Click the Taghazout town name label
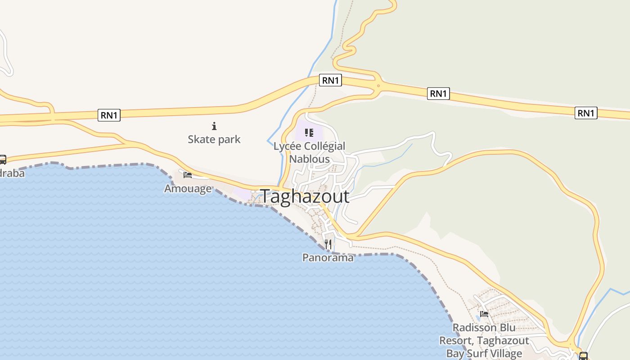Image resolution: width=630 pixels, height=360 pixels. click(x=305, y=197)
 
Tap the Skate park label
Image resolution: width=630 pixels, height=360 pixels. click(x=214, y=139)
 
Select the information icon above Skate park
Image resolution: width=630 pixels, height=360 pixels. click(x=214, y=126)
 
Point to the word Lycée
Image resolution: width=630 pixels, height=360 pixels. click(x=288, y=146)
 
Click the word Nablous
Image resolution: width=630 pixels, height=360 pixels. click(x=309, y=159)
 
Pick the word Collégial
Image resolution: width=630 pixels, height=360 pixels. click(x=324, y=146)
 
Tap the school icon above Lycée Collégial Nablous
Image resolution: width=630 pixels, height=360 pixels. click(x=309, y=132)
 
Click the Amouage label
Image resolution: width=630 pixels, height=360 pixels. click(x=188, y=189)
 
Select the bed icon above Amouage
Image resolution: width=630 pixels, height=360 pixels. click(x=188, y=175)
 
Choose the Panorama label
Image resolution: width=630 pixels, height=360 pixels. click(x=328, y=258)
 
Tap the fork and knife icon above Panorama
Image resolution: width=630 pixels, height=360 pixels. click(x=328, y=244)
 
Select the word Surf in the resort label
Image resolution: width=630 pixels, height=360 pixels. click(x=477, y=354)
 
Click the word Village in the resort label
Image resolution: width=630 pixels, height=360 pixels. click(x=506, y=354)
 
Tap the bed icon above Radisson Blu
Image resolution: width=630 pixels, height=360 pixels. click(x=484, y=314)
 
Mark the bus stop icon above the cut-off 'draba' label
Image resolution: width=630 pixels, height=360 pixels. click(x=2, y=159)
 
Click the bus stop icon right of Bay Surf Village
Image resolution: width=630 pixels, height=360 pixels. click(x=583, y=356)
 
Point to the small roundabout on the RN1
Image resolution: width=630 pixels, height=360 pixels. click(x=378, y=85)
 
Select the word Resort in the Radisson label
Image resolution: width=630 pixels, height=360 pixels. click(x=456, y=341)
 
